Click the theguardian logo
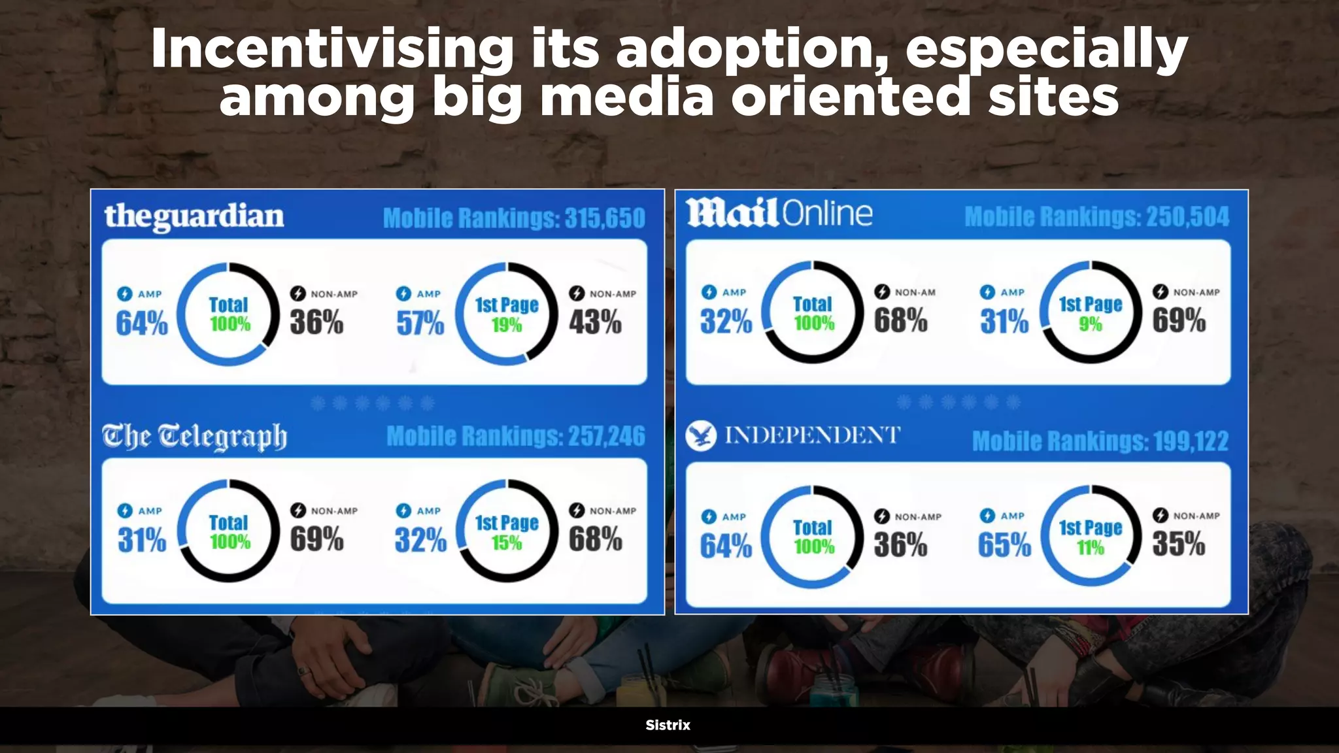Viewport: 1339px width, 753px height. [x=194, y=216]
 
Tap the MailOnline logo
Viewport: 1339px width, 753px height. [x=779, y=213]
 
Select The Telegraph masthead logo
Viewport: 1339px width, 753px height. [x=194, y=437]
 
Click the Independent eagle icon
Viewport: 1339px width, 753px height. [x=701, y=436]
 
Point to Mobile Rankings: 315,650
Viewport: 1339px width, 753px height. [x=514, y=218]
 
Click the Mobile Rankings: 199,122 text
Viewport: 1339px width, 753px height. [x=1100, y=441]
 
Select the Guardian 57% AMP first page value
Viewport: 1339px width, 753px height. [x=420, y=323]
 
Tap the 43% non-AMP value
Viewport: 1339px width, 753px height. [x=595, y=322]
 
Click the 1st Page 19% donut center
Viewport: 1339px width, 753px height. [x=507, y=314]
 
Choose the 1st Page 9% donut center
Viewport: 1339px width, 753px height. [x=1090, y=313]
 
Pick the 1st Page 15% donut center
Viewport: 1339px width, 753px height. [x=507, y=531]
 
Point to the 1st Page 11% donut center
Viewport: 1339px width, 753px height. [x=1090, y=537]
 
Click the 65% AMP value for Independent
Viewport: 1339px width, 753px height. [x=1004, y=544]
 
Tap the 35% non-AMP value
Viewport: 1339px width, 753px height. [x=1178, y=544]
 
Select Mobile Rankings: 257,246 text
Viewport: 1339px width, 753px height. [x=515, y=437]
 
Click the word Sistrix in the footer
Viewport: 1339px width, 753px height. [x=668, y=725]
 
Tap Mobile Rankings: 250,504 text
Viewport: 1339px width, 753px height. [x=1096, y=217]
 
